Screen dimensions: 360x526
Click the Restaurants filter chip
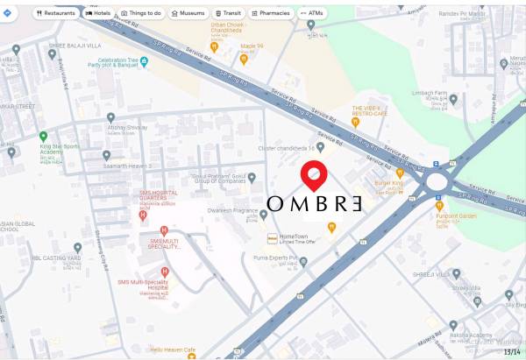click(56, 13)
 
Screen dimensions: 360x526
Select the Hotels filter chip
click(97, 13)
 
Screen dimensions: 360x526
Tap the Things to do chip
click(141, 13)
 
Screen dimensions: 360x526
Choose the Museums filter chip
click(187, 13)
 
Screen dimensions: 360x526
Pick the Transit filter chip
click(228, 13)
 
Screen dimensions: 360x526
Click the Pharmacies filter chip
click(270, 13)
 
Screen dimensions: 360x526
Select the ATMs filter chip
click(311, 13)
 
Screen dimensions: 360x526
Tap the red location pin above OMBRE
click(314, 175)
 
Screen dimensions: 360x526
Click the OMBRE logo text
click(314, 204)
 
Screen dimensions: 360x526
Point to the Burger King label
click(388, 186)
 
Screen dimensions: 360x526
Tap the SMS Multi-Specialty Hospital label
click(144, 286)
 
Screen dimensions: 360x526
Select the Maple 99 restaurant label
click(252, 46)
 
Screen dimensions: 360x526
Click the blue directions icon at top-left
click(8, 13)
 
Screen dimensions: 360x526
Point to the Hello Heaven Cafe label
click(172, 349)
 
